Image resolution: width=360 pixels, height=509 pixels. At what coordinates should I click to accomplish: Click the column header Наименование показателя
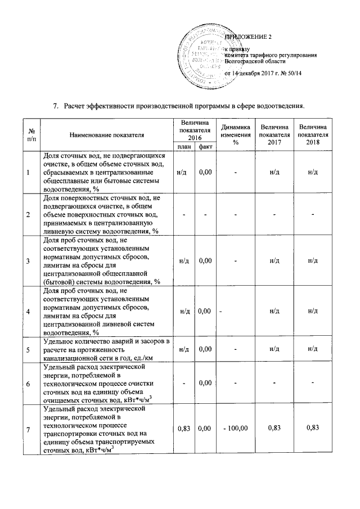[107, 135]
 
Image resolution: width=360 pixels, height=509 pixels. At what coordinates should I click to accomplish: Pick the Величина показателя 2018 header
[313, 135]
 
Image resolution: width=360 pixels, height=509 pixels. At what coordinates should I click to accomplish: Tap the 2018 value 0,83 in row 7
[313, 429]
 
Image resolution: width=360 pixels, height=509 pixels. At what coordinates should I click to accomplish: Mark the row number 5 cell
[29, 350]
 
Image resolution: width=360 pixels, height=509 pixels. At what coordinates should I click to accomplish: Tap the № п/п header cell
[29, 135]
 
